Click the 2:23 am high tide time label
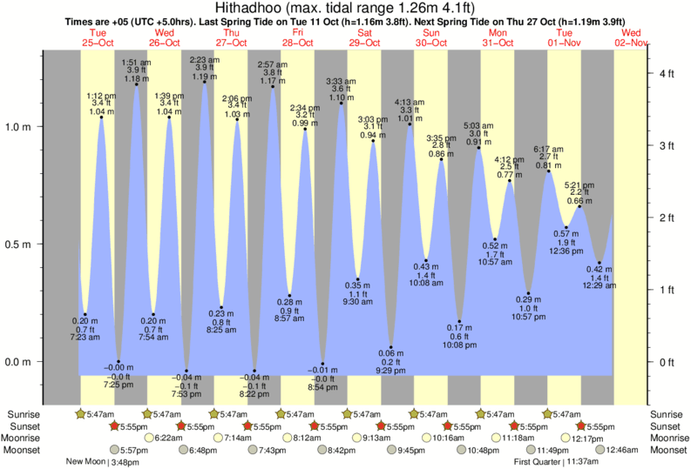click(204, 59)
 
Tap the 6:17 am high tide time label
click(549, 149)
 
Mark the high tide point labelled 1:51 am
click(136, 85)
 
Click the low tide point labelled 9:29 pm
click(390, 347)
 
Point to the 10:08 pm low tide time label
click(459, 345)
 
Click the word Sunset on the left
click(25, 426)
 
